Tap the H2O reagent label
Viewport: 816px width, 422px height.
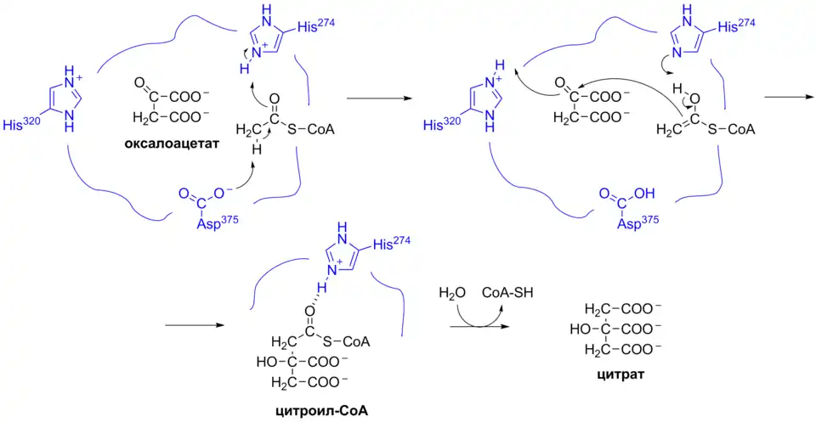coord(453,294)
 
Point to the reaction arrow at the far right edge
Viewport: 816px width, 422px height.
coord(788,96)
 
